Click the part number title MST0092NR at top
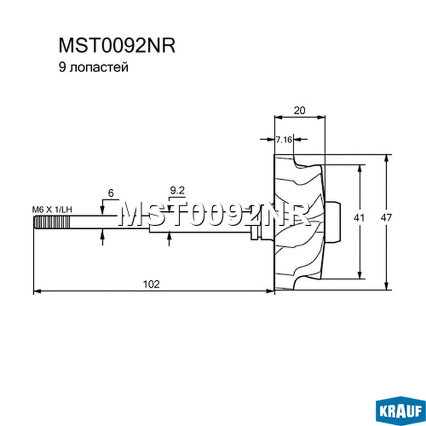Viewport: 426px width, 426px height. point(117,45)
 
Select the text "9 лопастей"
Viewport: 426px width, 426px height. point(93,67)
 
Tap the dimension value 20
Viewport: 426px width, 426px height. point(299,110)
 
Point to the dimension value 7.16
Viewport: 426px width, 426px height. point(284,140)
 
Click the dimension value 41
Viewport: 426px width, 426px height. point(359,218)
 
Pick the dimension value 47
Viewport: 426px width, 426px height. point(386,218)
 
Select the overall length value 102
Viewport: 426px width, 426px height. point(151,284)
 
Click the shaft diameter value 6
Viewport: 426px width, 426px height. point(111,193)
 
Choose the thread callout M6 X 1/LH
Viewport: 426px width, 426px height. point(52,210)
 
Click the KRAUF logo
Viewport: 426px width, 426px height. point(400,411)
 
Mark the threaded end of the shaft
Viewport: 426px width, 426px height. point(52,222)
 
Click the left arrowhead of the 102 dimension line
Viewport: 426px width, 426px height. point(37,291)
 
